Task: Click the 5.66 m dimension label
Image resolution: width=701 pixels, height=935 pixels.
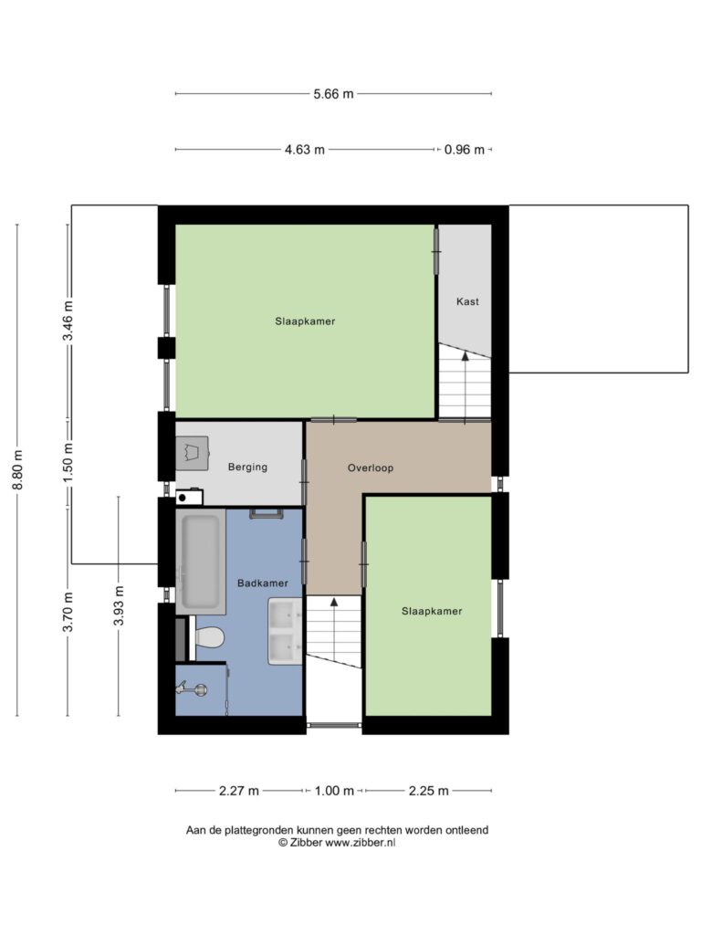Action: point(334,94)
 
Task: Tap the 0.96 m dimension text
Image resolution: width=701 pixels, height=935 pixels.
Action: point(465,150)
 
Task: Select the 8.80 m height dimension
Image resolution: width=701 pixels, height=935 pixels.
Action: point(17,469)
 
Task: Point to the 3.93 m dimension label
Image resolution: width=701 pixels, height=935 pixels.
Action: point(119,606)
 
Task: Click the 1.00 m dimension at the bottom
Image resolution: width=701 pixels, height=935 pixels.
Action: point(334,791)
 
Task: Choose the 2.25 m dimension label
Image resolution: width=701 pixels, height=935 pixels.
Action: point(429,791)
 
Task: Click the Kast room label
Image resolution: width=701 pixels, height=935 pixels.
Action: point(467,301)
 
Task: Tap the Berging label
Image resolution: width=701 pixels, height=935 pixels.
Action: point(247,467)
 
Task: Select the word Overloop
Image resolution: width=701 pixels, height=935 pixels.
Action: point(371,468)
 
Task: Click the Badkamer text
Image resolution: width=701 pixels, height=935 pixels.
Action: point(263,583)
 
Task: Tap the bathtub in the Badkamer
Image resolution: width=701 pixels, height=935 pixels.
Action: point(200,562)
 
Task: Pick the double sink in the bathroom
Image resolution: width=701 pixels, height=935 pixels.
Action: point(286,632)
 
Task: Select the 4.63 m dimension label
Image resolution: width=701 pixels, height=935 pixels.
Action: point(305,150)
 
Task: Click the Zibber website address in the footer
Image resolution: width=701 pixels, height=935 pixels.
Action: point(360,843)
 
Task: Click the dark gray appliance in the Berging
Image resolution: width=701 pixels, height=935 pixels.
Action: point(192,453)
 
